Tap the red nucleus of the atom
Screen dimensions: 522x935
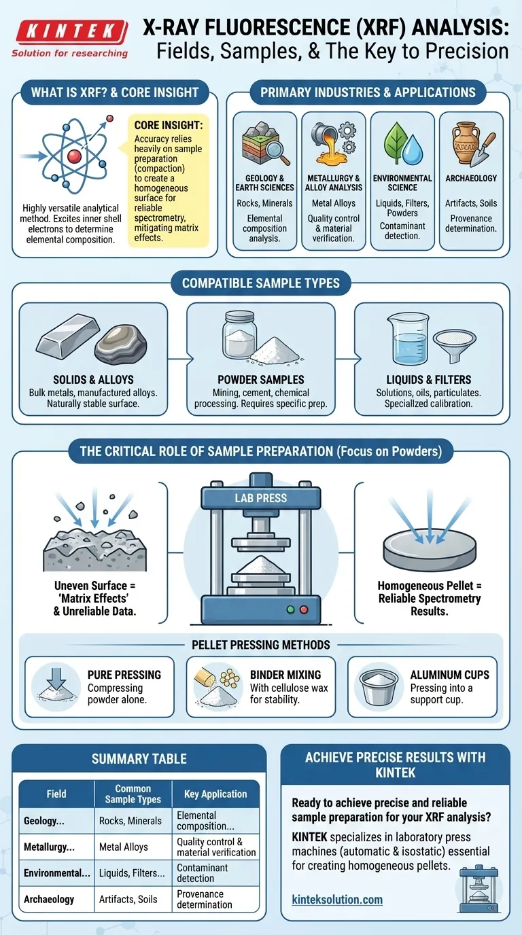click(x=74, y=156)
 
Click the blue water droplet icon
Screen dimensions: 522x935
click(x=413, y=149)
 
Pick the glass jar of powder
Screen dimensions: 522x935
click(x=239, y=335)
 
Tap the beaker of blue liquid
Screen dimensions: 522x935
click(x=408, y=339)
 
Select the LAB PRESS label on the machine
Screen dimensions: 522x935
click(x=261, y=498)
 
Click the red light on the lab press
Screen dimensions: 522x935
click(x=304, y=610)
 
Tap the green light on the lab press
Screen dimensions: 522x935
click(x=291, y=610)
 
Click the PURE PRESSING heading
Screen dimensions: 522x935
click(x=124, y=675)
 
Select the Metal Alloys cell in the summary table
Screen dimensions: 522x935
click(x=124, y=847)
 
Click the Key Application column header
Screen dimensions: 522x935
click(x=215, y=794)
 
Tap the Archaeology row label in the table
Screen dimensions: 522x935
click(x=49, y=899)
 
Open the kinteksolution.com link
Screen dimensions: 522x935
click(x=337, y=900)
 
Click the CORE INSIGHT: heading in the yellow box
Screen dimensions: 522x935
click(x=169, y=125)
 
